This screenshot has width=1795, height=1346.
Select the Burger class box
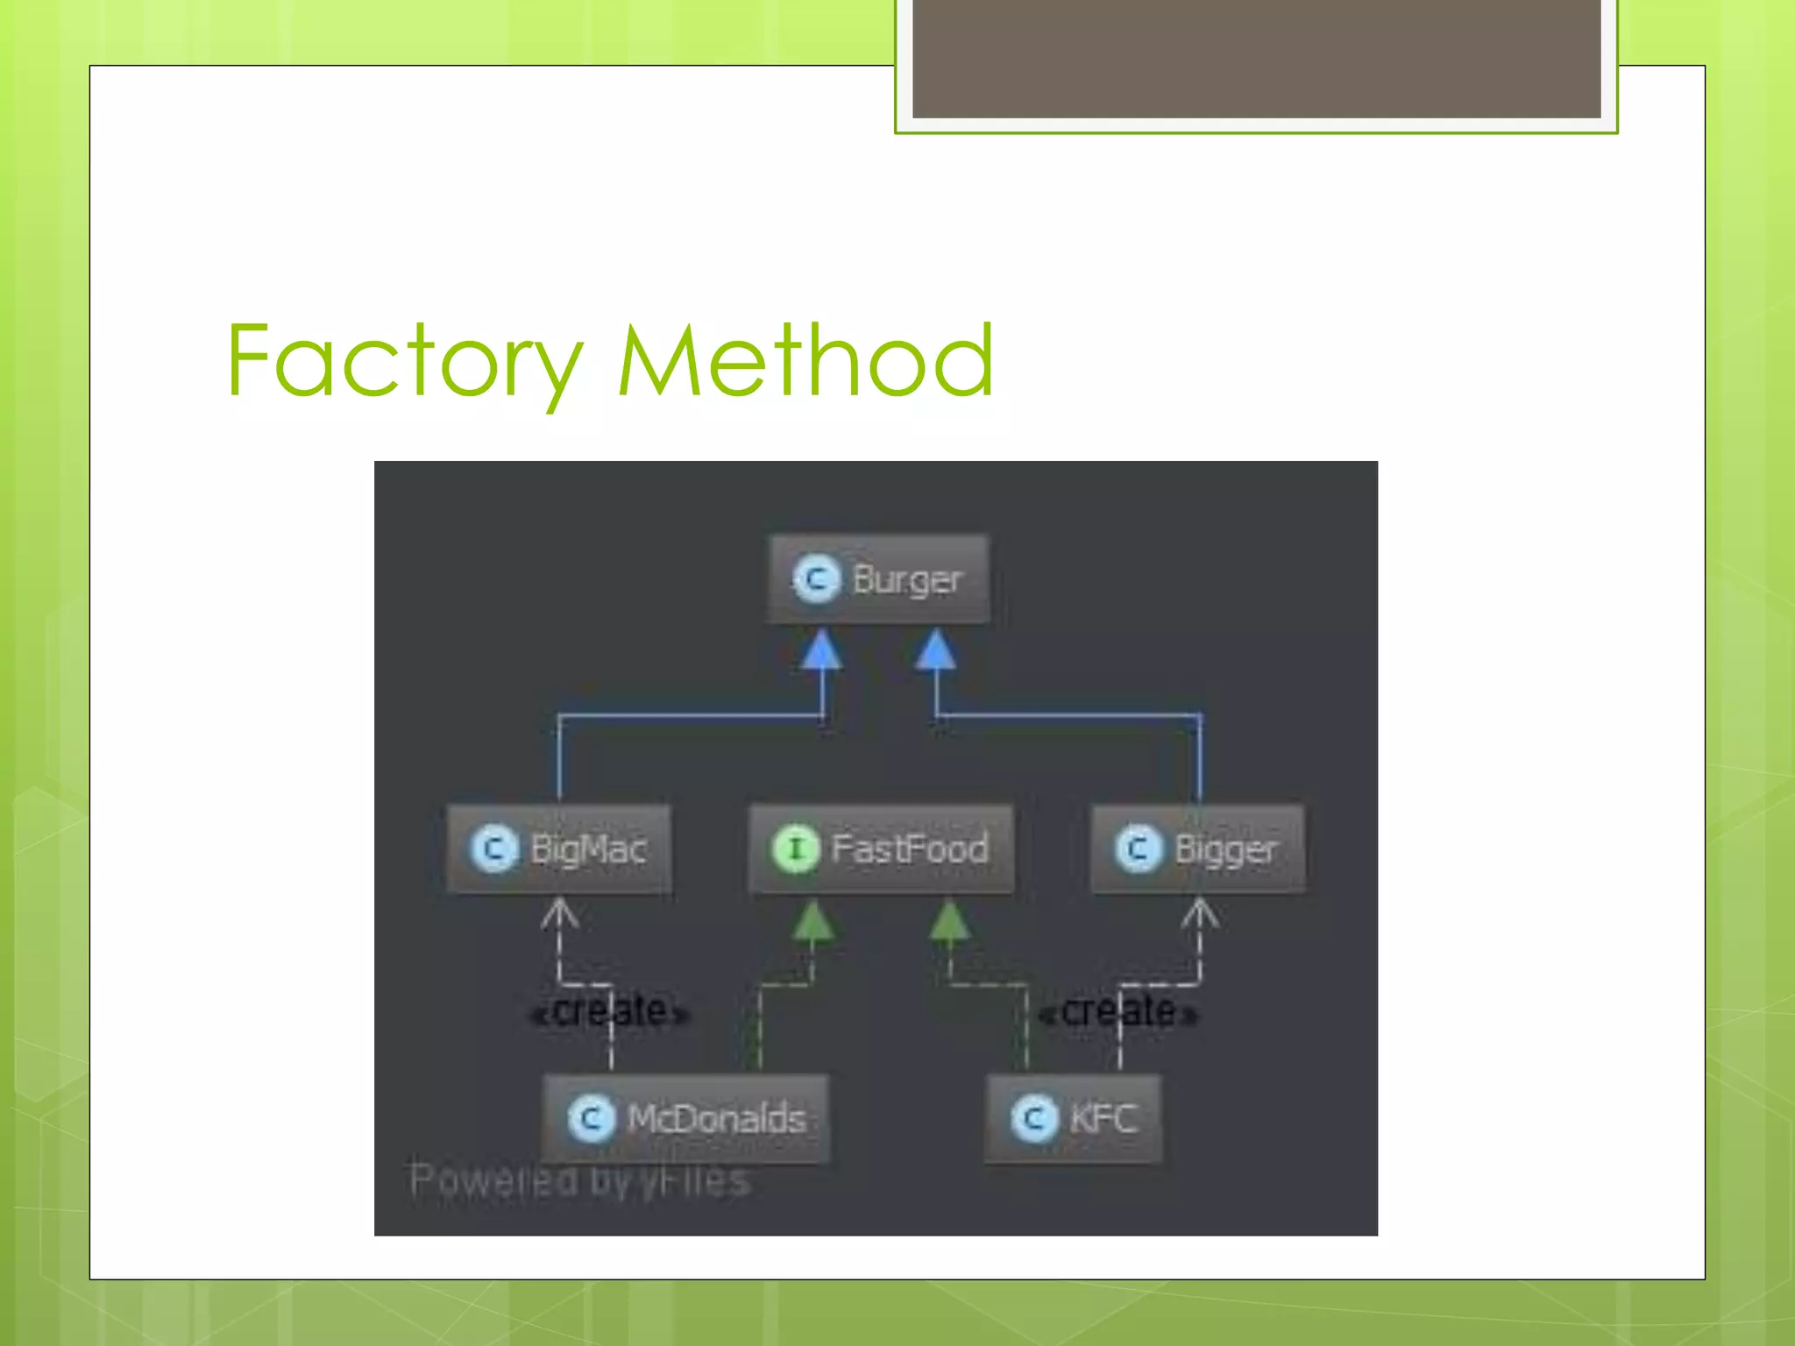[x=879, y=579]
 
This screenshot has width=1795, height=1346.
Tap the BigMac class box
[x=559, y=849]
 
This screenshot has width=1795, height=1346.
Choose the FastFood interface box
[x=881, y=849]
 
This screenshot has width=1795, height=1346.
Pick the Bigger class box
[x=1197, y=849]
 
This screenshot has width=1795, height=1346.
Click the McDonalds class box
[x=685, y=1119]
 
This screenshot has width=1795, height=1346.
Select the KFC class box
[x=1074, y=1119]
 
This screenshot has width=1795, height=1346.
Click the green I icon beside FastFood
[x=795, y=848]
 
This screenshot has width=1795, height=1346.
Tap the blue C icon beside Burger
[x=817, y=579]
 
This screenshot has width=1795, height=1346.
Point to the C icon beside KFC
[x=1034, y=1119]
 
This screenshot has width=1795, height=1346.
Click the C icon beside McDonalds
[x=591, y=1119]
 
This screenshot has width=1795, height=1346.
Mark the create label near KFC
[x=1117, y=1012]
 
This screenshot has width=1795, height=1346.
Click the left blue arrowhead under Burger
[x=821, y=650]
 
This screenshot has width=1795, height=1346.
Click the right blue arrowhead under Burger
[x=935, y=650]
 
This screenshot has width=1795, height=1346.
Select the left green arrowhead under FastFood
[x=812, y=921]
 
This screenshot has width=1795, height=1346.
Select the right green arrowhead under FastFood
[x=948, y=921]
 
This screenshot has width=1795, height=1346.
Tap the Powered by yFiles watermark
[x=580, y=1180]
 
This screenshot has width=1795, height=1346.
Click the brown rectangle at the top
[x=1256, y=58]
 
